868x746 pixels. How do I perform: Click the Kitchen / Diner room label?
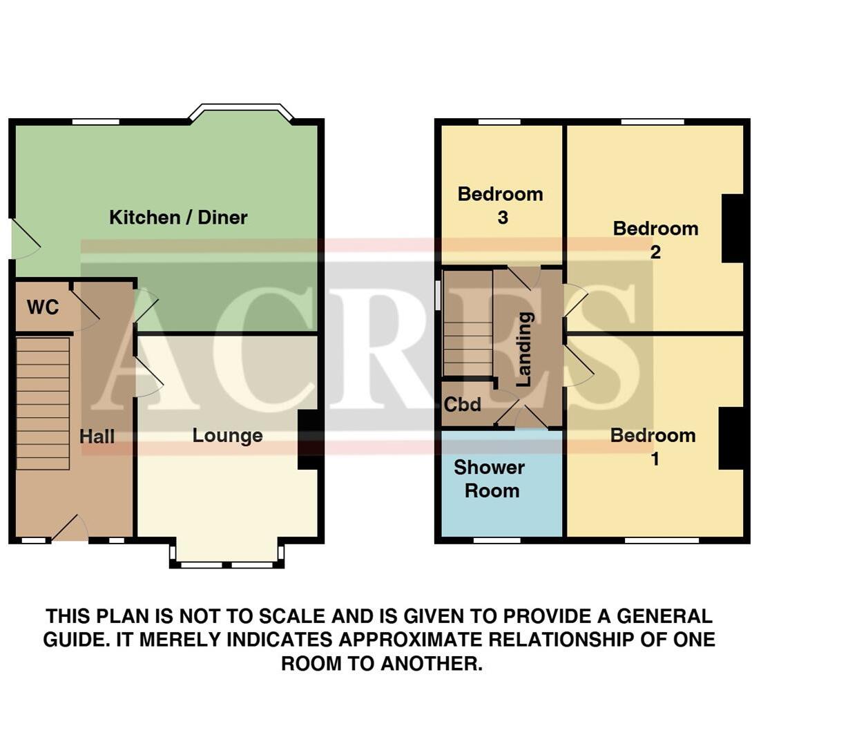pos(178,218)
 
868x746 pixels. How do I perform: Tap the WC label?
pos(43,307)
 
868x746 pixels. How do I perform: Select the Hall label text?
pos(97,437)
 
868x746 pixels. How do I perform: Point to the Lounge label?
pos(227,436)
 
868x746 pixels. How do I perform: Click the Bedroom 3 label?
pos(501,205)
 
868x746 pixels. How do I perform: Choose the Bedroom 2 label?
pos(655,240)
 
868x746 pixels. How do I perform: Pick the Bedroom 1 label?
pos(653,446)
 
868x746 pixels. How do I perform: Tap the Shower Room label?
pos(490,479)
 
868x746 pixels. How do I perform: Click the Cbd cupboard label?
pos(462,404)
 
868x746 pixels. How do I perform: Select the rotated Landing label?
pos(525,349)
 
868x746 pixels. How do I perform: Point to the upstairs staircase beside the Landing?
pos(467,323)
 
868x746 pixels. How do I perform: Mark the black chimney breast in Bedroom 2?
pos(733,229)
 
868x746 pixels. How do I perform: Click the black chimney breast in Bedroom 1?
pos(731,439)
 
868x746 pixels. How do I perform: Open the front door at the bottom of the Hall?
pos(69,530)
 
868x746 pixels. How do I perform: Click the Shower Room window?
pos(496,540)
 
